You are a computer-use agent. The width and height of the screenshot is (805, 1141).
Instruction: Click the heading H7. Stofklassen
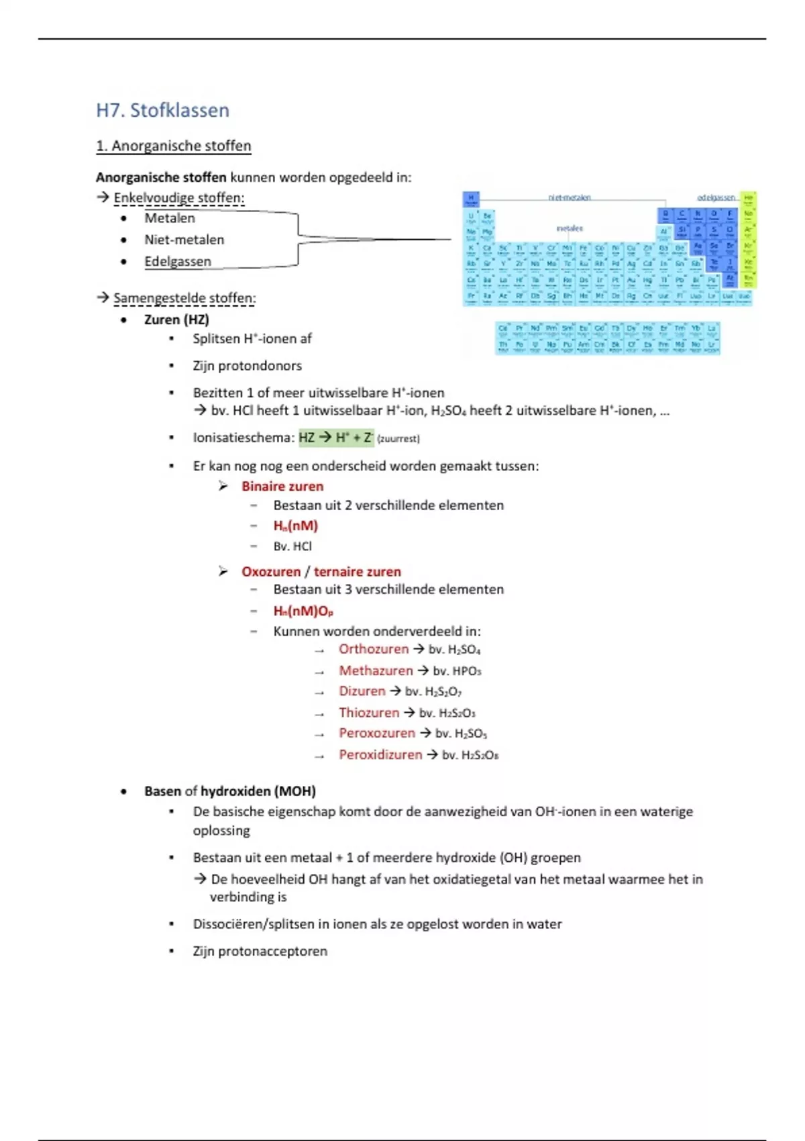[162, 110]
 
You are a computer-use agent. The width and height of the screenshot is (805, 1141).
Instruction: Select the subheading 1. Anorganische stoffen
[173, 146]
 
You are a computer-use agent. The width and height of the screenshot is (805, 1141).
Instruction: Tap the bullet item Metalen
[170, 218]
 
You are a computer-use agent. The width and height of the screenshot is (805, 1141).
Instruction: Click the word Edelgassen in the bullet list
[178, 262]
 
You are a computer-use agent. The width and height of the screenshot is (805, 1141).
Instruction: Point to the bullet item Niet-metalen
[184, 240]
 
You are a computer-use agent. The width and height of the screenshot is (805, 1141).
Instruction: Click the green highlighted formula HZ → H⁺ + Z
[335, 438]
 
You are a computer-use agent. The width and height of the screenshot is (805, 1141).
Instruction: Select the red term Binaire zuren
[282, 486]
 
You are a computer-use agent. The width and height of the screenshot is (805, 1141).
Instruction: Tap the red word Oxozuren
[271, 572]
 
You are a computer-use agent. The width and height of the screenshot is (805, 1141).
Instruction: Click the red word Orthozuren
[374, 649]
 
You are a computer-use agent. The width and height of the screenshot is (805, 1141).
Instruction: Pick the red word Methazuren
[376, 671]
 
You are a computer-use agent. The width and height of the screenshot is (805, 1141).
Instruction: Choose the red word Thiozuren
[369, 713]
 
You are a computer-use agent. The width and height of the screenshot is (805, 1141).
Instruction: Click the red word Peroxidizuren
[380, 755]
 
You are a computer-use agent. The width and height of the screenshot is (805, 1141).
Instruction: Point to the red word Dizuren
[362, 691]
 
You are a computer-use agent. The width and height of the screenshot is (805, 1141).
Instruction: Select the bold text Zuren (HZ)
[176, 319]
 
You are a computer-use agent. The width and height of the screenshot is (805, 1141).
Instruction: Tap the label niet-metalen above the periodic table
[570, 197]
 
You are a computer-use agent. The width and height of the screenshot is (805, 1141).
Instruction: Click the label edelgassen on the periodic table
[716, 197]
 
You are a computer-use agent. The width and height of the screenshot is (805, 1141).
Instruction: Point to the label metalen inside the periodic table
[570, 228]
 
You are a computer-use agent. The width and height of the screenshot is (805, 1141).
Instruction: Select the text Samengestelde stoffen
[184, 298]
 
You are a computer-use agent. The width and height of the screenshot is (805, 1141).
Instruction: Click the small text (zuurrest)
[398, 439]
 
